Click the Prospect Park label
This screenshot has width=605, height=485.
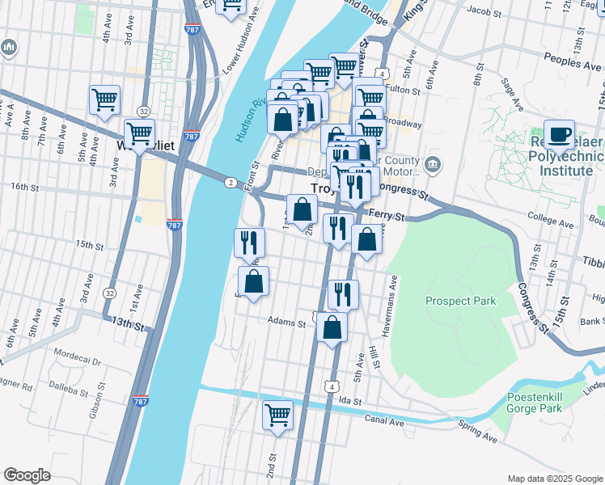click(x=460, y=302)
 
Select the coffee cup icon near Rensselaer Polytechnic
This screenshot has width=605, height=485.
click(x=559, y=135)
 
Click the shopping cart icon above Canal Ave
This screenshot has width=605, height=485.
click(x=277, y=415)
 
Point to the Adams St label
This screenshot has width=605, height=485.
click(x=287, y=322)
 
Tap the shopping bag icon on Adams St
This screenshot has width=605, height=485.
click(x=332, y=328)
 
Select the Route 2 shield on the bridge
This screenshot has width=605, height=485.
click(x=231, y=183)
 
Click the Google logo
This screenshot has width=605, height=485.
click(x=27, y=475)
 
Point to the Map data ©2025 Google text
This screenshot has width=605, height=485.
click(x=554, y=479)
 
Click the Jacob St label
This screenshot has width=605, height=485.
click(x=485, y=11)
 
